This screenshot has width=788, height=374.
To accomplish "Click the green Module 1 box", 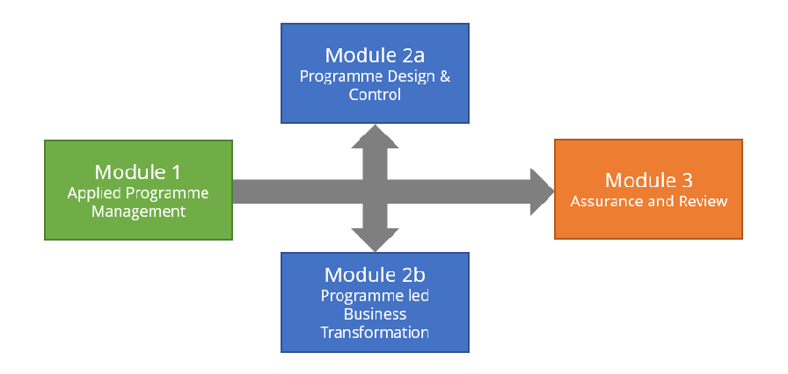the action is point(138,190).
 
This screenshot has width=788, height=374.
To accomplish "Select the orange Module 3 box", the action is point(648,189).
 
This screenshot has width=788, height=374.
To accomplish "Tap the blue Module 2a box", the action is point(375,73).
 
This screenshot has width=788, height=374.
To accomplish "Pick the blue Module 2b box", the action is point(375,302).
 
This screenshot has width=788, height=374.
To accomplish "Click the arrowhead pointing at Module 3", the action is point(542,191).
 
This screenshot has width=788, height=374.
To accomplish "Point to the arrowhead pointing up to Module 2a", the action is point(375,136).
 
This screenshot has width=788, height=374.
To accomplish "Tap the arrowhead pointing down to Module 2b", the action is point(375,240).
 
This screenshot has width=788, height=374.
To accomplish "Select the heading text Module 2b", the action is point(376,275).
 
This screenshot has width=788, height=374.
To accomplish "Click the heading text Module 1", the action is point(138,172).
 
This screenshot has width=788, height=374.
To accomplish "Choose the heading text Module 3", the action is point(649,180).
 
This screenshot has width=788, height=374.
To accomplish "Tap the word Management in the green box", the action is point(138,211).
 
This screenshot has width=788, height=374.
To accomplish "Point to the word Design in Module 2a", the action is point(411,78).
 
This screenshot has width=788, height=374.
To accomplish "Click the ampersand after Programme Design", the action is point(445,77).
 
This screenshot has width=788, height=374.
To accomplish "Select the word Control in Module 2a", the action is point(375,94).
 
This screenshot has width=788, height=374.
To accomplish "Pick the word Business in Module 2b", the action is point(375,314).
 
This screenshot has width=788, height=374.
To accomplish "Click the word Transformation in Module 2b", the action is point(375,333).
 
